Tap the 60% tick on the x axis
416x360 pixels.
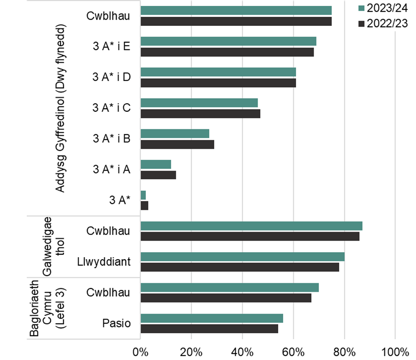tap(294, 350)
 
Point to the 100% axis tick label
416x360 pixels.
tap(395, 350)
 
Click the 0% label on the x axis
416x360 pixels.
tap(141, 350)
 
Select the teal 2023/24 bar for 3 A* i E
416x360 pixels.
tap(228, 41)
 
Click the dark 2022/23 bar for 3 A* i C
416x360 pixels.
tap(200, 114)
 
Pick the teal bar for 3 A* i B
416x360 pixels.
tap(175, 133)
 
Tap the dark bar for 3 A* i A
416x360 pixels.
tap(158, 175)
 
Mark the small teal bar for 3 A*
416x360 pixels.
tap(143, 195)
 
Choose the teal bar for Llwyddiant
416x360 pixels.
tap(243, 256)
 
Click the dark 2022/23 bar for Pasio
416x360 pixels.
tap(209, 329)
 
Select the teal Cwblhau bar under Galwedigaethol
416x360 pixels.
tap(251, 226)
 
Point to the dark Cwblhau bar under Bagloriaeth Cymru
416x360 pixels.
tap(226, 298)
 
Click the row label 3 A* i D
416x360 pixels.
tap(112, 77)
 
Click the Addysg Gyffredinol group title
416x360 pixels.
tap(60, 108)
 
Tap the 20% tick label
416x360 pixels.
tap(191, 350)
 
